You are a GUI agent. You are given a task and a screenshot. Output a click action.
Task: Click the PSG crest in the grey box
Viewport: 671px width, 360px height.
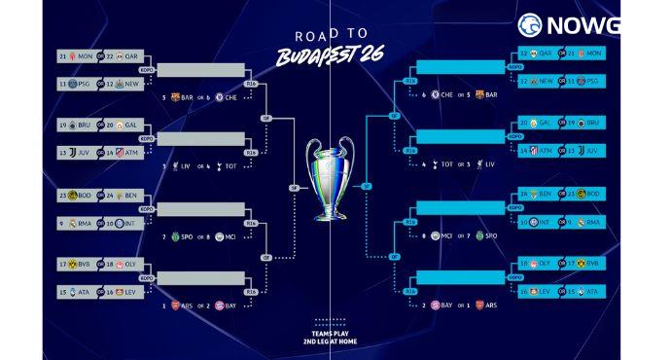click(73, 85)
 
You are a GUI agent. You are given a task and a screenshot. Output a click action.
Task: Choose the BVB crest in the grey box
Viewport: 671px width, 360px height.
click(73, 264)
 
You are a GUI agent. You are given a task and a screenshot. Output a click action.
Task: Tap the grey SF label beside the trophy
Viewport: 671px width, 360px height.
click(293, 188)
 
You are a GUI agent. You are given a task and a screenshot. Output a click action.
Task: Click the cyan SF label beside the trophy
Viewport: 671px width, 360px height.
click(366, 186)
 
